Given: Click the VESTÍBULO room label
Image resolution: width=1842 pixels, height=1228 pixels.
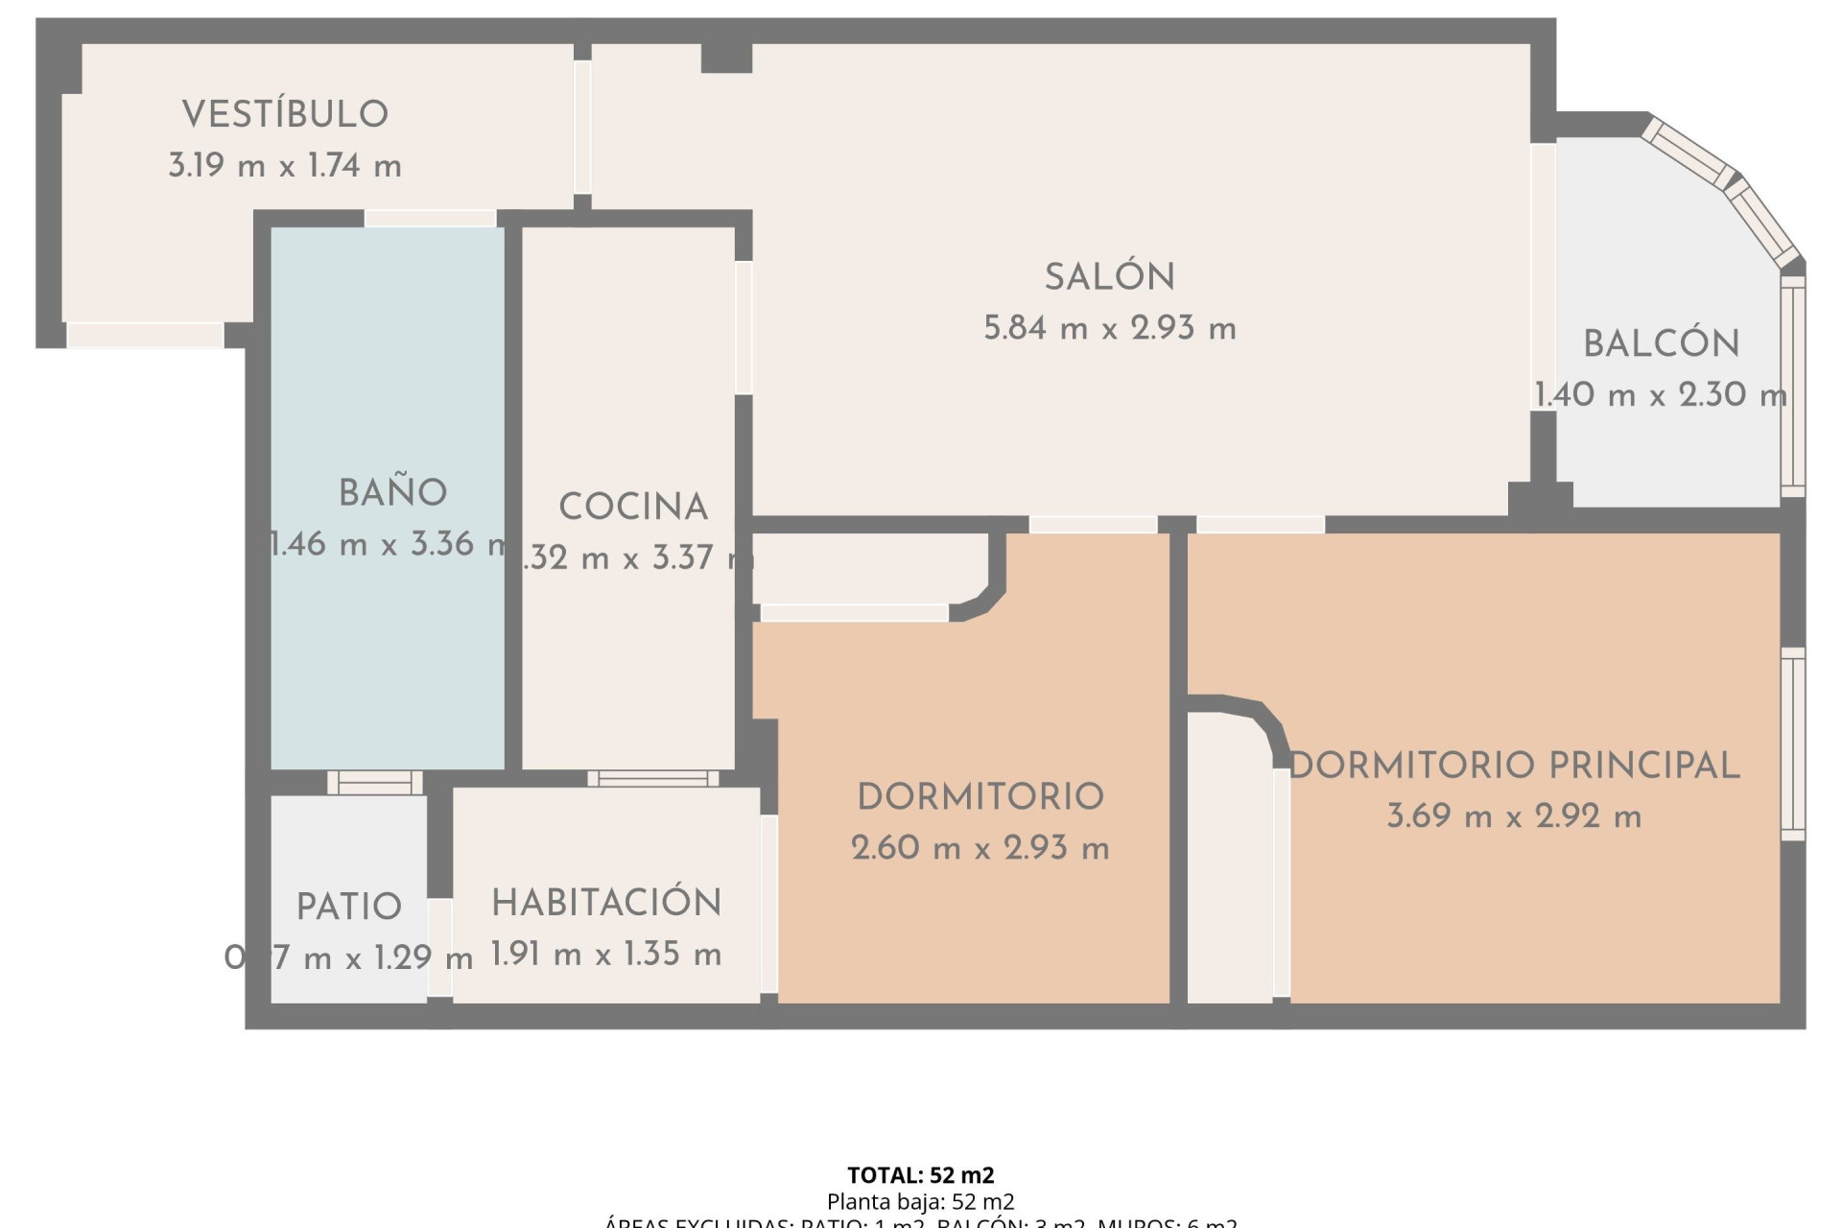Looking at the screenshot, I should (285, 114).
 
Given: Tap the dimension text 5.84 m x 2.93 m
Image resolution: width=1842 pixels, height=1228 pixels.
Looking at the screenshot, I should (1110, 329).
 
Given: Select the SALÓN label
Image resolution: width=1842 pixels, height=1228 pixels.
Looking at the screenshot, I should (1110, 277).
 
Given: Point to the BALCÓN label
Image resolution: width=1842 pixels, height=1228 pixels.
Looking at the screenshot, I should (1661, 344).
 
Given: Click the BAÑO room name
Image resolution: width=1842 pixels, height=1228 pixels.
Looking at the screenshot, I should (392, 493).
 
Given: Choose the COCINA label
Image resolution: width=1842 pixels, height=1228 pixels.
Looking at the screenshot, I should (633, 508).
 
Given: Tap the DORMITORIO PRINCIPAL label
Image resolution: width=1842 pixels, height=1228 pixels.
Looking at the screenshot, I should (1515, 766).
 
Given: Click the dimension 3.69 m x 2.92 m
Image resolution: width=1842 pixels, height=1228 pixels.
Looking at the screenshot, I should (1514, 816).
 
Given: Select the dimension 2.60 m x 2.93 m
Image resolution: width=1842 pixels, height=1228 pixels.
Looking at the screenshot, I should (980, 848).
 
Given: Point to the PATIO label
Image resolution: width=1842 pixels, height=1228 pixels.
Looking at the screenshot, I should (348, 907).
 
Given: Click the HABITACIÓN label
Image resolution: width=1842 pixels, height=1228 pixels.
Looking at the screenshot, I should (606, 903).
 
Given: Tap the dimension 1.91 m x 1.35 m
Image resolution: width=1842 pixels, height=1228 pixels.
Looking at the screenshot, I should (606, 954).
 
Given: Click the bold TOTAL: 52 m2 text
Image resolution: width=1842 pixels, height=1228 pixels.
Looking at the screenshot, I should (920, 1175).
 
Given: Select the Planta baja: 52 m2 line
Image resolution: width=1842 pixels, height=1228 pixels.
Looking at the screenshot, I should (920, 1201).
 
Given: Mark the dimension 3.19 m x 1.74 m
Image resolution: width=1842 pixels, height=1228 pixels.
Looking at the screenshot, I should (285, 166).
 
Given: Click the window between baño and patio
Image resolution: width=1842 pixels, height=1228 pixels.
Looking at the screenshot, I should (375, 783).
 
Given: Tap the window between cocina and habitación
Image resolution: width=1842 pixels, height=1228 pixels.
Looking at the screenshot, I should (653, 778).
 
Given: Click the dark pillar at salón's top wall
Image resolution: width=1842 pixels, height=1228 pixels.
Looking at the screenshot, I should (726, 58).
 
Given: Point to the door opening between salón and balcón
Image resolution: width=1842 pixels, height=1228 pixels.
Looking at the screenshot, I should (1543, 276).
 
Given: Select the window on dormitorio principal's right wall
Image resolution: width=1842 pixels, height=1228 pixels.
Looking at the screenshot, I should (1792, 744).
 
